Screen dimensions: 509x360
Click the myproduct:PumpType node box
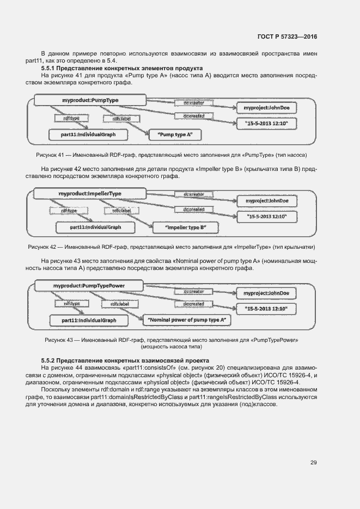(x=90, y=100)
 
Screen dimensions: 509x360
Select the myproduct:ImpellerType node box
(x=90, y=194)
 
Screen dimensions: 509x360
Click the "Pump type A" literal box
(x=175, y=133)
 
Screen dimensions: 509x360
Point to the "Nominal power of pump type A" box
(x=187, y=320)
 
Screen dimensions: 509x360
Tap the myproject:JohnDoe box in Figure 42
(x=271, y=201)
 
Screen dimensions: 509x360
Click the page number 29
(x=314, y=463)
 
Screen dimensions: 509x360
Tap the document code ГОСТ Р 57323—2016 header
(x=287, y=36)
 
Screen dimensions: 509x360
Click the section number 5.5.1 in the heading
(x=50, y=68)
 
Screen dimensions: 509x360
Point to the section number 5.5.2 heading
(x=50, y=361)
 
